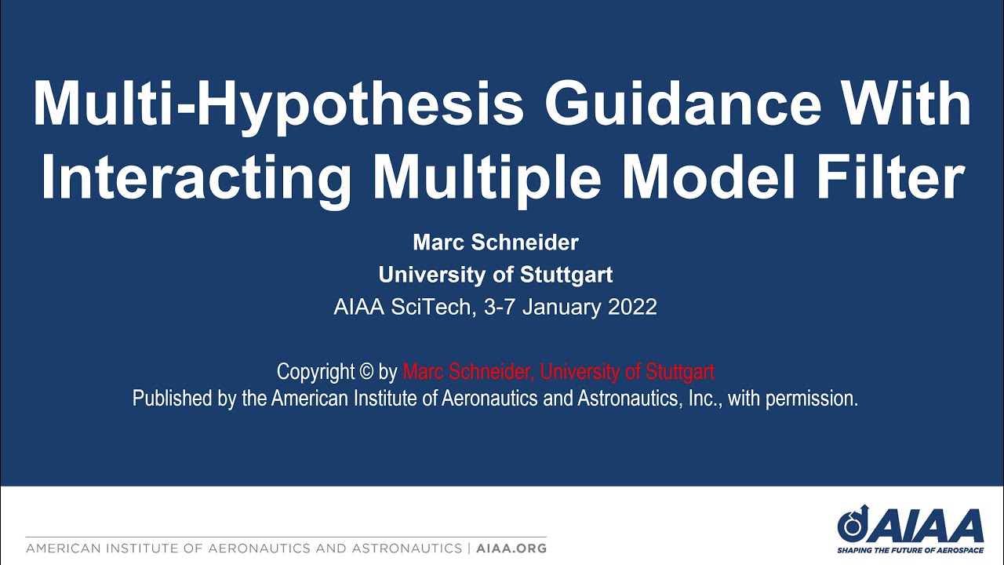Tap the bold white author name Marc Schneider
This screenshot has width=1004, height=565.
[x=496, y=242]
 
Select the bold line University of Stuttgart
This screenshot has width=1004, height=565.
[x=496, y=275]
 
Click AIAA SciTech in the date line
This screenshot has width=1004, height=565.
[x=403, y=307]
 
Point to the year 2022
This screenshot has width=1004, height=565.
[x=632, y=307]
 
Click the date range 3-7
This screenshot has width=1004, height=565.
[x=500, y=307]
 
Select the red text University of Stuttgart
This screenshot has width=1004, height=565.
[x=627, y=371]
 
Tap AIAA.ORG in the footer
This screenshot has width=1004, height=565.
[x=511, y=548]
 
